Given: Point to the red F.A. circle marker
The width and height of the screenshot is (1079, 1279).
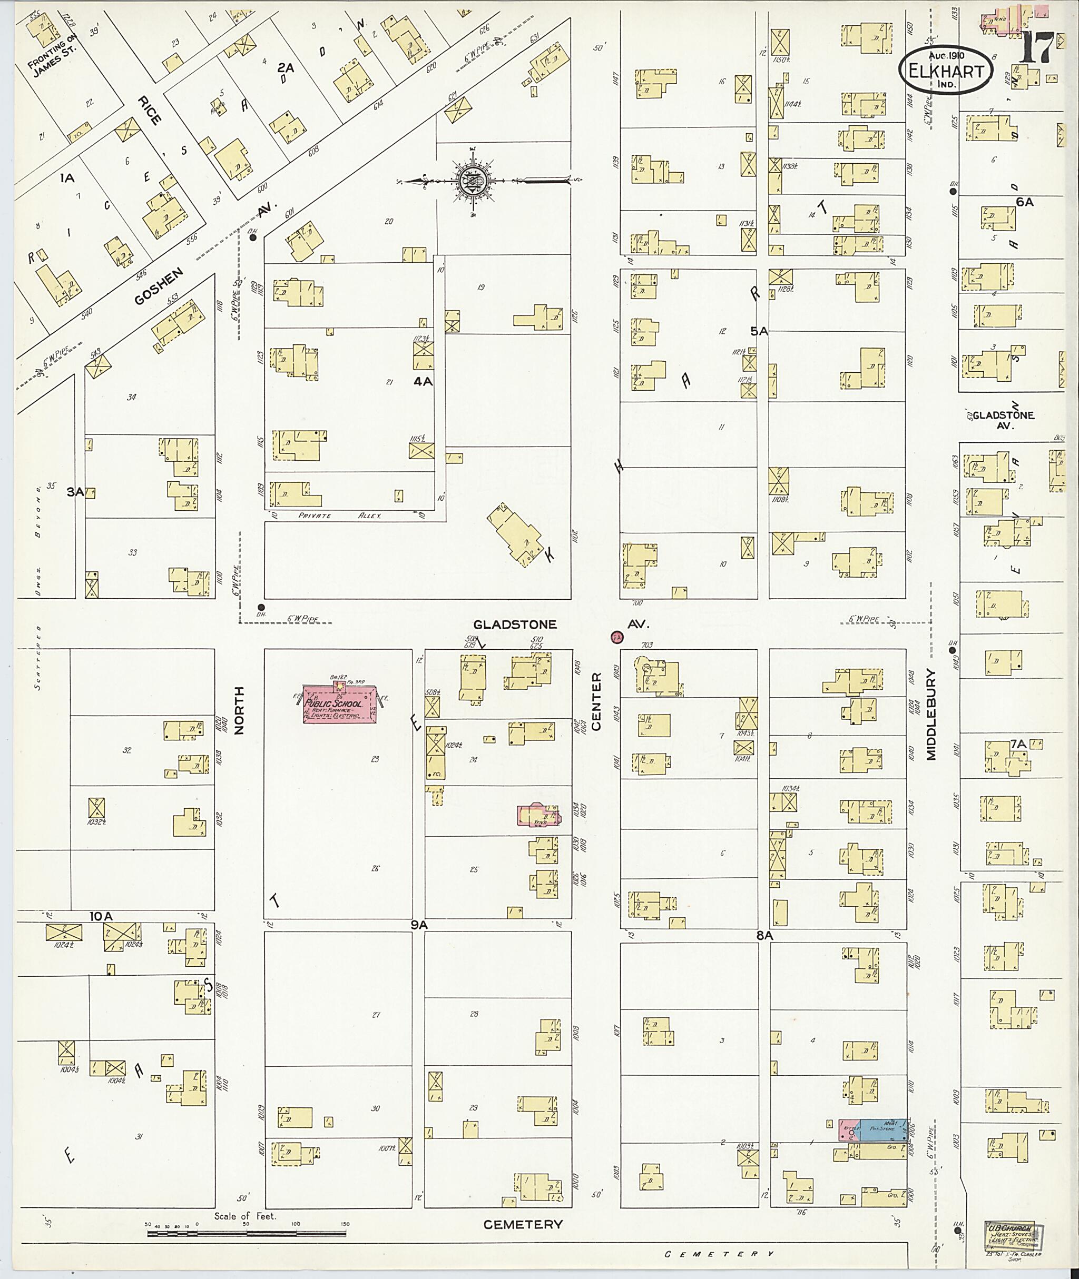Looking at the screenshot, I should coord(616,637).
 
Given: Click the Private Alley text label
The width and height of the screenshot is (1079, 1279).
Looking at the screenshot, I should coord(339,516).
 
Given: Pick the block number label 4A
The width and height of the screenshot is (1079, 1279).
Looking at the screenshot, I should coord(423,382).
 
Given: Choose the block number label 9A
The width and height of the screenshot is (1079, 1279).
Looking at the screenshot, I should coord(418,926).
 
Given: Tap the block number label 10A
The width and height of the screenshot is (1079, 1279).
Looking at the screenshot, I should coord(101,916).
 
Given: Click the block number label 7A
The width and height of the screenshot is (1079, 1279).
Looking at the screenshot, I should coord(1018,744).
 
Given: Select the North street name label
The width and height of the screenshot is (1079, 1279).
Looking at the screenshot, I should coord(239,710).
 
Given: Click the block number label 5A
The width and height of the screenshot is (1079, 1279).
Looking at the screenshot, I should coord(759,331).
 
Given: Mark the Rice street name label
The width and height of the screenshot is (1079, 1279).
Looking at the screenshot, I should coord(149,110).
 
